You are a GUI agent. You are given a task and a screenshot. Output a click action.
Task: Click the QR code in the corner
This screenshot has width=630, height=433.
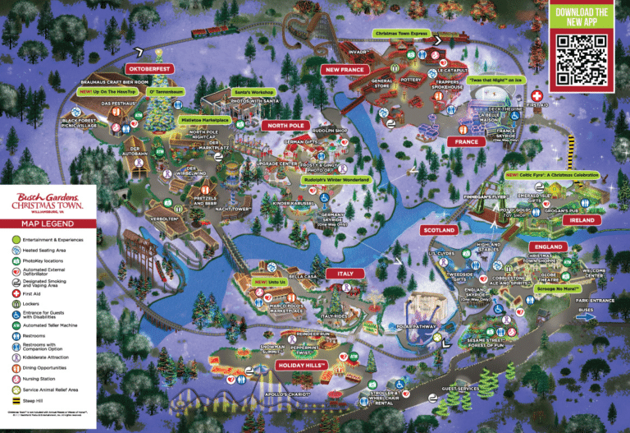point(581,58)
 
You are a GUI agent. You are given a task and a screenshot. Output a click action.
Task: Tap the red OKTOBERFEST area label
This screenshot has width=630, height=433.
point(148,69)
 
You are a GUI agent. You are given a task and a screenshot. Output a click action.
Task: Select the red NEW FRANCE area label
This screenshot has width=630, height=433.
point(344,70)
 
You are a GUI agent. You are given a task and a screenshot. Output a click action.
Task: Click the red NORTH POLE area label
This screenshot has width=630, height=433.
point(285,126)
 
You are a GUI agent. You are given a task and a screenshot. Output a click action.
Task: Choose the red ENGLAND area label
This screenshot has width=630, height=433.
point(547,246)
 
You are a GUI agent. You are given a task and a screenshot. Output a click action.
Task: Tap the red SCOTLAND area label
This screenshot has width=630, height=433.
point(439,231)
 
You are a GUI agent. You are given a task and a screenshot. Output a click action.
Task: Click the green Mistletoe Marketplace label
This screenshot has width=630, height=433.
point(203,119)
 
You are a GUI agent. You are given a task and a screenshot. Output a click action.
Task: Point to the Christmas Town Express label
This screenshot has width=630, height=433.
point(401,34)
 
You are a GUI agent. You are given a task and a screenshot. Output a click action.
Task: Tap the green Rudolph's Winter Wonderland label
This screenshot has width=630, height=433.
point(336,179)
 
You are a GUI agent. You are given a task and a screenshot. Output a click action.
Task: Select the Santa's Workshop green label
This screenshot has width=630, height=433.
point(249,92)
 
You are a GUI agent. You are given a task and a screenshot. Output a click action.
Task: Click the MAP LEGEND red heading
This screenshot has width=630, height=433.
point(47,223)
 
